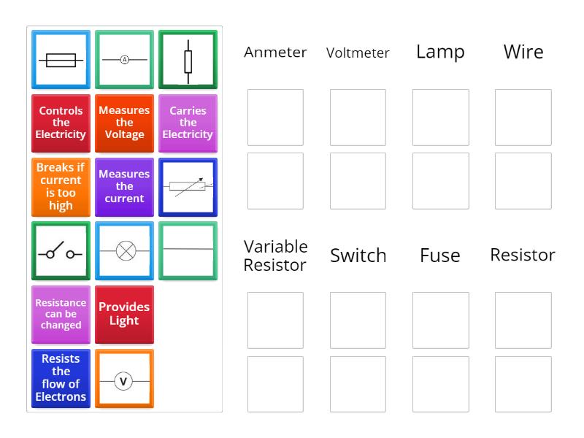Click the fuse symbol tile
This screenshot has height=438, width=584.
click(61, 59)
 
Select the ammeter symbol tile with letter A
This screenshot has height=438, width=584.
click(124, 59)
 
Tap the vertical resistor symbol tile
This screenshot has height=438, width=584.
click(188, 59)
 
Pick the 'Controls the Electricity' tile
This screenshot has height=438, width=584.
click(61, 123)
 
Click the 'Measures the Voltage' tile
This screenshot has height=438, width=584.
click(124, 123)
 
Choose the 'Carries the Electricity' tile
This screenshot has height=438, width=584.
click(188, 123)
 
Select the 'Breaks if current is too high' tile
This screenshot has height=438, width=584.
click(61, 186)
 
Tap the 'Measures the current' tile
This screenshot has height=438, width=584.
click(124, 186)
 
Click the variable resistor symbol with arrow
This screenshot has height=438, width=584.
click(188, 187)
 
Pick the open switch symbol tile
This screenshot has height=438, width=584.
click(61, 250)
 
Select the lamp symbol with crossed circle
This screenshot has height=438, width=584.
click(124, 250)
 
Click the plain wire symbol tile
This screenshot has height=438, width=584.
click(188, 250)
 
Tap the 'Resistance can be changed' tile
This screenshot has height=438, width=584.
click(61, 314)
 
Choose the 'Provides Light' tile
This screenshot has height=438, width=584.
click(124, 314)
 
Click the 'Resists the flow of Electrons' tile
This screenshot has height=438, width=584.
click(61, 378)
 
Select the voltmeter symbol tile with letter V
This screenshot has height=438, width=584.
click(124, 378)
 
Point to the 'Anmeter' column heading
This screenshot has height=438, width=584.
click(275, 53)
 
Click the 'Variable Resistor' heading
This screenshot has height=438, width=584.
click(275, 255)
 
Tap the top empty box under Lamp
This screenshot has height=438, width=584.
click(440, 118)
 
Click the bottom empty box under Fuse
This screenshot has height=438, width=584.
click(440, 384)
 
